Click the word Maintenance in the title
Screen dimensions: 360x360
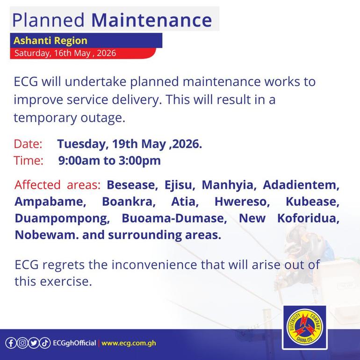pyautogui.click(x=151, y=20)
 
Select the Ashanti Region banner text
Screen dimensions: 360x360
pyautogui.click(x=50, y=41)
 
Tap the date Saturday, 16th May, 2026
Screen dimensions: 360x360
pyautogui.click(x=65, y=53)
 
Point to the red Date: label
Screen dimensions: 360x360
pyautogui.click(x=28, y=144)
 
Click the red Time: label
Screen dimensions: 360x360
pyautogui.click(x=29, y=160)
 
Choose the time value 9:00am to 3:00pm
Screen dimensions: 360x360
pyautogui.click(x=109, y=160)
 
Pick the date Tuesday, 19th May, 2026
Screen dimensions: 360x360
pyautogui.click(x=130, y=144)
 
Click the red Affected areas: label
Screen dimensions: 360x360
pyautogui.click(x=58, y=185)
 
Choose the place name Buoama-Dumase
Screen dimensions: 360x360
pyautogui.click(x=174, y=218)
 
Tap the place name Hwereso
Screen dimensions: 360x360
pyautogui.click(x=242, y=202)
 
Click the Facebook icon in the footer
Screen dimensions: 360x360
pyautogui.click(x=11, y=343)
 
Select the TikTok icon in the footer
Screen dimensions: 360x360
pyautogui.click(x=45, y=343)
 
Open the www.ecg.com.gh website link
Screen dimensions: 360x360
pyautogui.click(x=129, y=343)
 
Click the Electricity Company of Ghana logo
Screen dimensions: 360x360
pyautogui.click(x=305, y=327)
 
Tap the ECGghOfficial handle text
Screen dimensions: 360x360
pyautogui.click(x=74, y=343)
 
